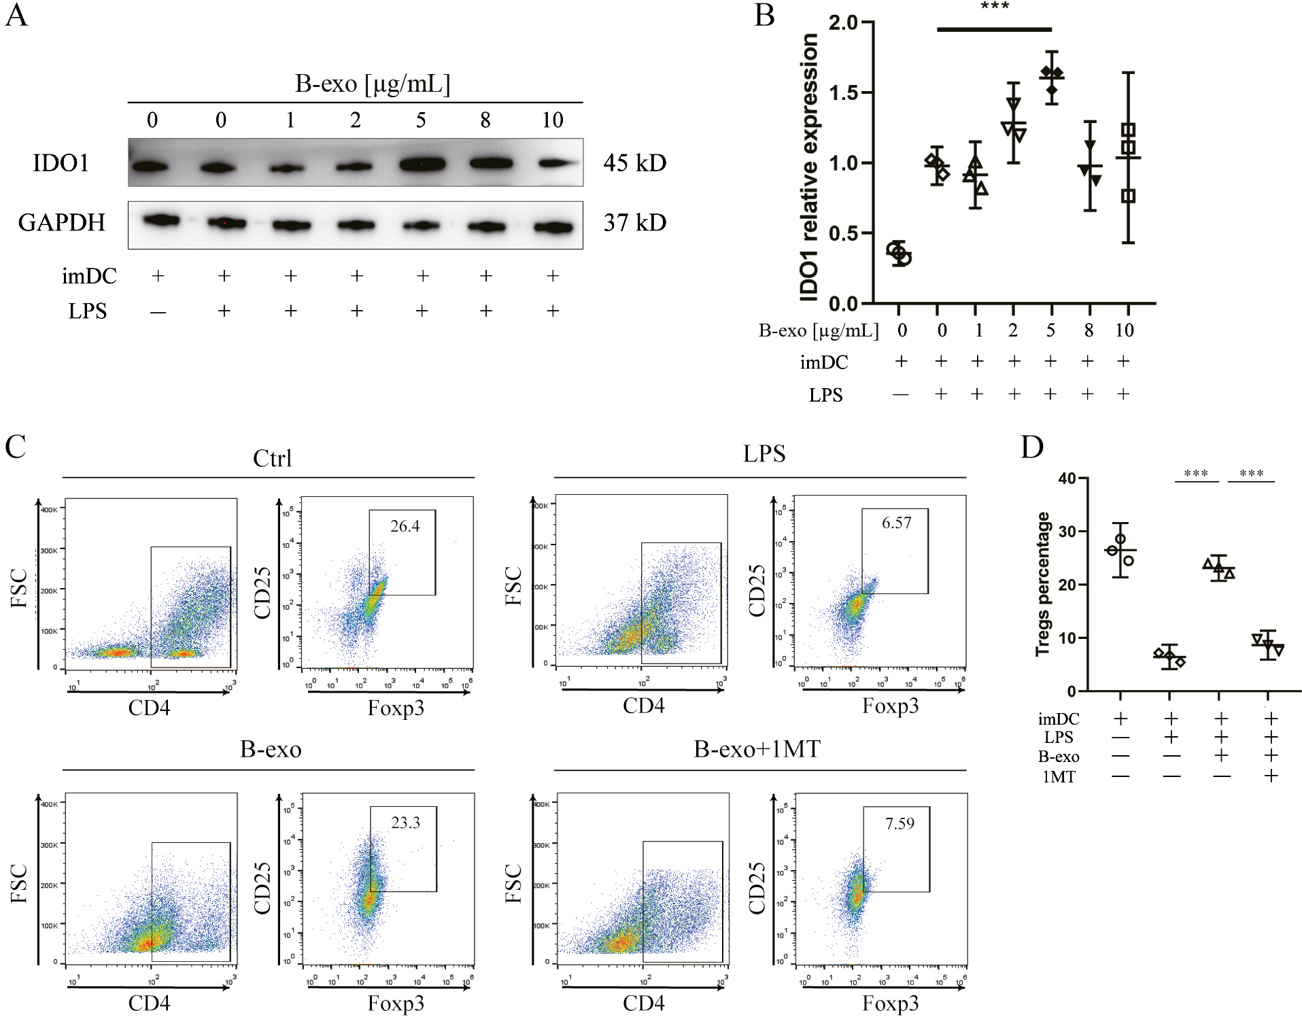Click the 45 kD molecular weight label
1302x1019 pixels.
click(x=634, y=163)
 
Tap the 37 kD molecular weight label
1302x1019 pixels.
click(x=634, y=222)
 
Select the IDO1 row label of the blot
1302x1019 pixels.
click(x=61, y=163)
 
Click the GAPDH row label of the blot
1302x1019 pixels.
click(x=61, y=222)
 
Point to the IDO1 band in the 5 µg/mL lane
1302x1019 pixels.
click(x=422, y=164)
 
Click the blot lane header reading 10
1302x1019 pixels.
click(x=552, y=120)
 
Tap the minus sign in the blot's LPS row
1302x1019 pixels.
click(x=158, y=312)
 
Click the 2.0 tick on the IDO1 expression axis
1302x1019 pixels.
click(x=843, y=22)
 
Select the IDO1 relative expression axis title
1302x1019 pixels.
click(x=809, y=167)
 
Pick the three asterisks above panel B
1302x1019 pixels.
click(x=995, y=7)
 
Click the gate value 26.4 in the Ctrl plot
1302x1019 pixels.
click(x=405, y=526)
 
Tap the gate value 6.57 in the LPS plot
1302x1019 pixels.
click(x=896, y=523)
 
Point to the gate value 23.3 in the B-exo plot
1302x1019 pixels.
click(x=405, y=823)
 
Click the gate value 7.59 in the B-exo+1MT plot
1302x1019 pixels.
click(x=900, y=823)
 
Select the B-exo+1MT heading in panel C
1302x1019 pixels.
click(x=757, y=749)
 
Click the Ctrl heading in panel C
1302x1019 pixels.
click(x=272, y=458)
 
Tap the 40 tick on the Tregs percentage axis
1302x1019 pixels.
click(x=1067, y=479)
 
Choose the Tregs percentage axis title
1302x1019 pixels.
click(x=1042, y=584)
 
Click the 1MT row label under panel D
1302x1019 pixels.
click(x=1059, y=776)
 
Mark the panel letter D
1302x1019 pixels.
click(x=1031, y=447)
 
